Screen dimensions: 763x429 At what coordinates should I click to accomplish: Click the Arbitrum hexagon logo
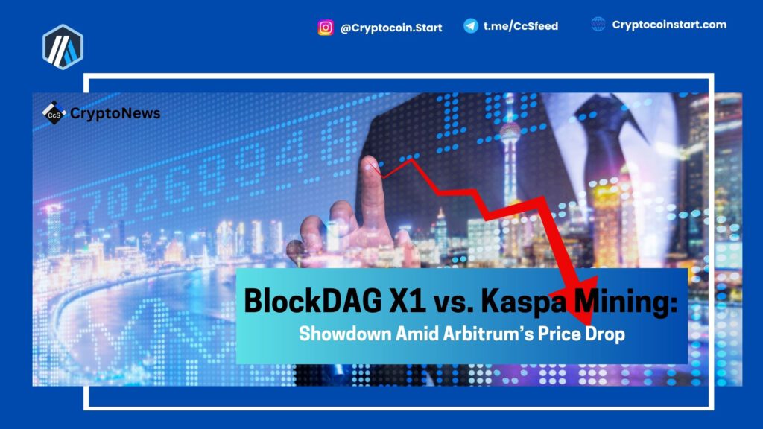pyautogui.click(x=63, y=47)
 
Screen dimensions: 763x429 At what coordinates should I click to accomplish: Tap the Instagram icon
pyautogui.click(x=326, y=28)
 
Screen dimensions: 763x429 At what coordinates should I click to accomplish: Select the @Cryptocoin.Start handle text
pyautogui.click(x=391, y=28)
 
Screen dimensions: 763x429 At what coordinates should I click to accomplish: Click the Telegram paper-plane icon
pyautogui.click(x=471, y=26)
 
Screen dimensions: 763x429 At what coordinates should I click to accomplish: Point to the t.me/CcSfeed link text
pyautogui.click(x=521, y=26)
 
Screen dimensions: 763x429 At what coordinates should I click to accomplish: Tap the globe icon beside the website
pyautogui.click(x=598, y=24)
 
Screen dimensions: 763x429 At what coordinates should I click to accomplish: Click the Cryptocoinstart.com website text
pyautogui.click(x=669, y=25)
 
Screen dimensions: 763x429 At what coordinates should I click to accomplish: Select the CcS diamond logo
pyautogui.click(x=54, y=113)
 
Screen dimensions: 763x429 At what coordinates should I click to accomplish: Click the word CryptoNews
pyautogui.click(x=115, y=113)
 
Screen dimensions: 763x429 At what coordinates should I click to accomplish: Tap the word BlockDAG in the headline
pyautogui.click(x=313, y=301)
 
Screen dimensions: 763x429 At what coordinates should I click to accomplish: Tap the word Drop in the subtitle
pyautogui.click(x=605, y=334)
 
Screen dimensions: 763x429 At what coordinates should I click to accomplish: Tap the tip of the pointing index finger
pyautogui.click(x=369, y=161)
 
